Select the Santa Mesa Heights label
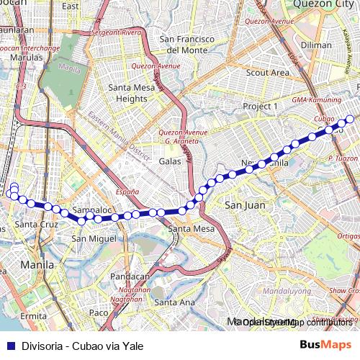click(127, 93)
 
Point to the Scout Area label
click(267, 73)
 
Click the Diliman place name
click(316, 45)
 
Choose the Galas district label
click(169, 162)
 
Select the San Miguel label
click(94, 238)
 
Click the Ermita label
click(33, 316)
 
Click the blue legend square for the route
click(9, 346)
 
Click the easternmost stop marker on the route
click(350, 119)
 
